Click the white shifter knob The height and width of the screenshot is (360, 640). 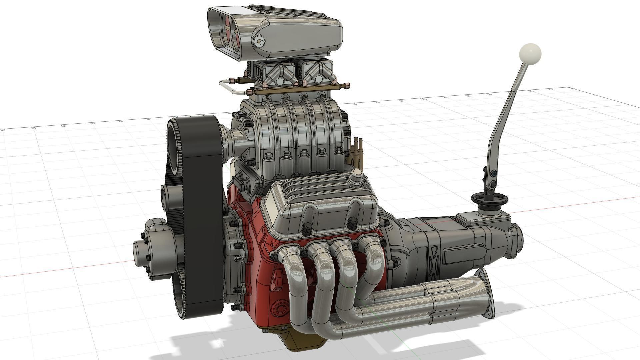pos(530,54)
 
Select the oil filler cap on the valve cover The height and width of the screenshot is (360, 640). pos(357,175)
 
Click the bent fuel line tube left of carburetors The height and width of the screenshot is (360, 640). pos(230,86)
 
